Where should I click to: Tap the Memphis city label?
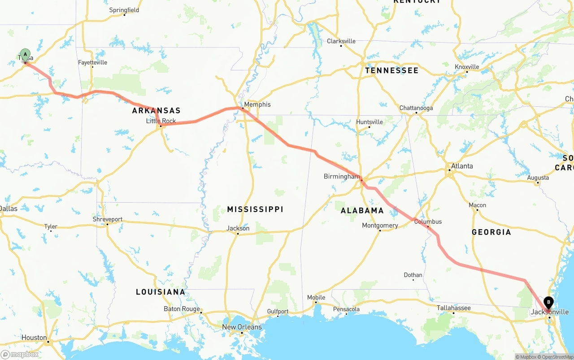pos(257,104)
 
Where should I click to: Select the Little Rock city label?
pos(161,121)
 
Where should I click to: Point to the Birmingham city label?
pos(341,177)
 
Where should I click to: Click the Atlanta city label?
pos(461,166)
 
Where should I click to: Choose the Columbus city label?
pos(428,221)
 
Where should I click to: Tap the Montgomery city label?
pos(380,226)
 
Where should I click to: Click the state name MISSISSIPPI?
pos(255,209)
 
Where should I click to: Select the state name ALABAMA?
pos(362,210)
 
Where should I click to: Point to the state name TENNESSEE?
pos(391,70)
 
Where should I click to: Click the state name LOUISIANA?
pos(161,292)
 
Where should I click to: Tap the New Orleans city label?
pos(242,327)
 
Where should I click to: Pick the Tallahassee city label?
pos(454,308)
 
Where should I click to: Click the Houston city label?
pos(34,338)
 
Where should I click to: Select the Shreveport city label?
pos(108,219)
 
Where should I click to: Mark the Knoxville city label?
pos(467,67)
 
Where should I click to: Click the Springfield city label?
pos(124,10)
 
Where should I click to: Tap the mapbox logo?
pos(20,355)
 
